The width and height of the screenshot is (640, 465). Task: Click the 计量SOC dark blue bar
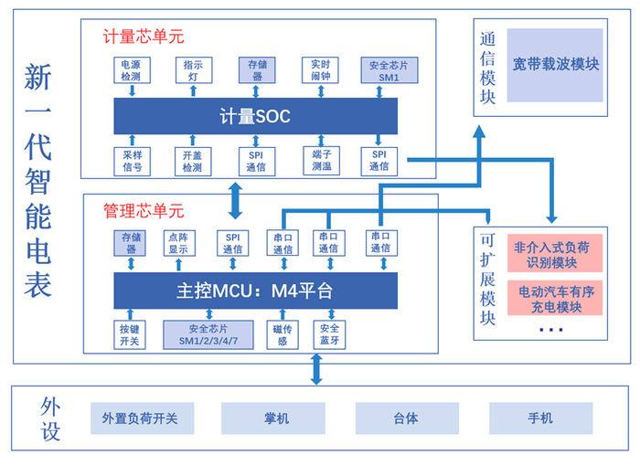(255, 116)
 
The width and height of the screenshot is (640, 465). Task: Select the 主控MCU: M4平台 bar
(255, 291)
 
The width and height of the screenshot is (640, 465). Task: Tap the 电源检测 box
(131, 71)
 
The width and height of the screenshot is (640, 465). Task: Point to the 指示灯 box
(193, 71)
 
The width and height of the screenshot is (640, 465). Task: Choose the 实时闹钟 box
(320, 71)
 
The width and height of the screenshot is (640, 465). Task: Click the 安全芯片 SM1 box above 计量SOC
(383, 71)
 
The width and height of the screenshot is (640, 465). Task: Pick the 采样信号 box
(131, 161)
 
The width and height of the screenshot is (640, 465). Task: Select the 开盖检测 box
(193, 161)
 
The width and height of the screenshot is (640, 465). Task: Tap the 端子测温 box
(320, 161)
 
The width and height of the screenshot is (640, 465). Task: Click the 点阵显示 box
(179, 242)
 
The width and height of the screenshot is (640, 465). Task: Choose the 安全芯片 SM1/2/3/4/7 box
(208, 334)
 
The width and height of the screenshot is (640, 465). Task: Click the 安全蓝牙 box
(328, 334)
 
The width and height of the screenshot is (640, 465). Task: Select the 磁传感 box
(282, 334)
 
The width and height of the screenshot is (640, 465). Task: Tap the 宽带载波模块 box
(556, 65)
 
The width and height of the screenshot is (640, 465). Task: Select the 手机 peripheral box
(539, 418)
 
